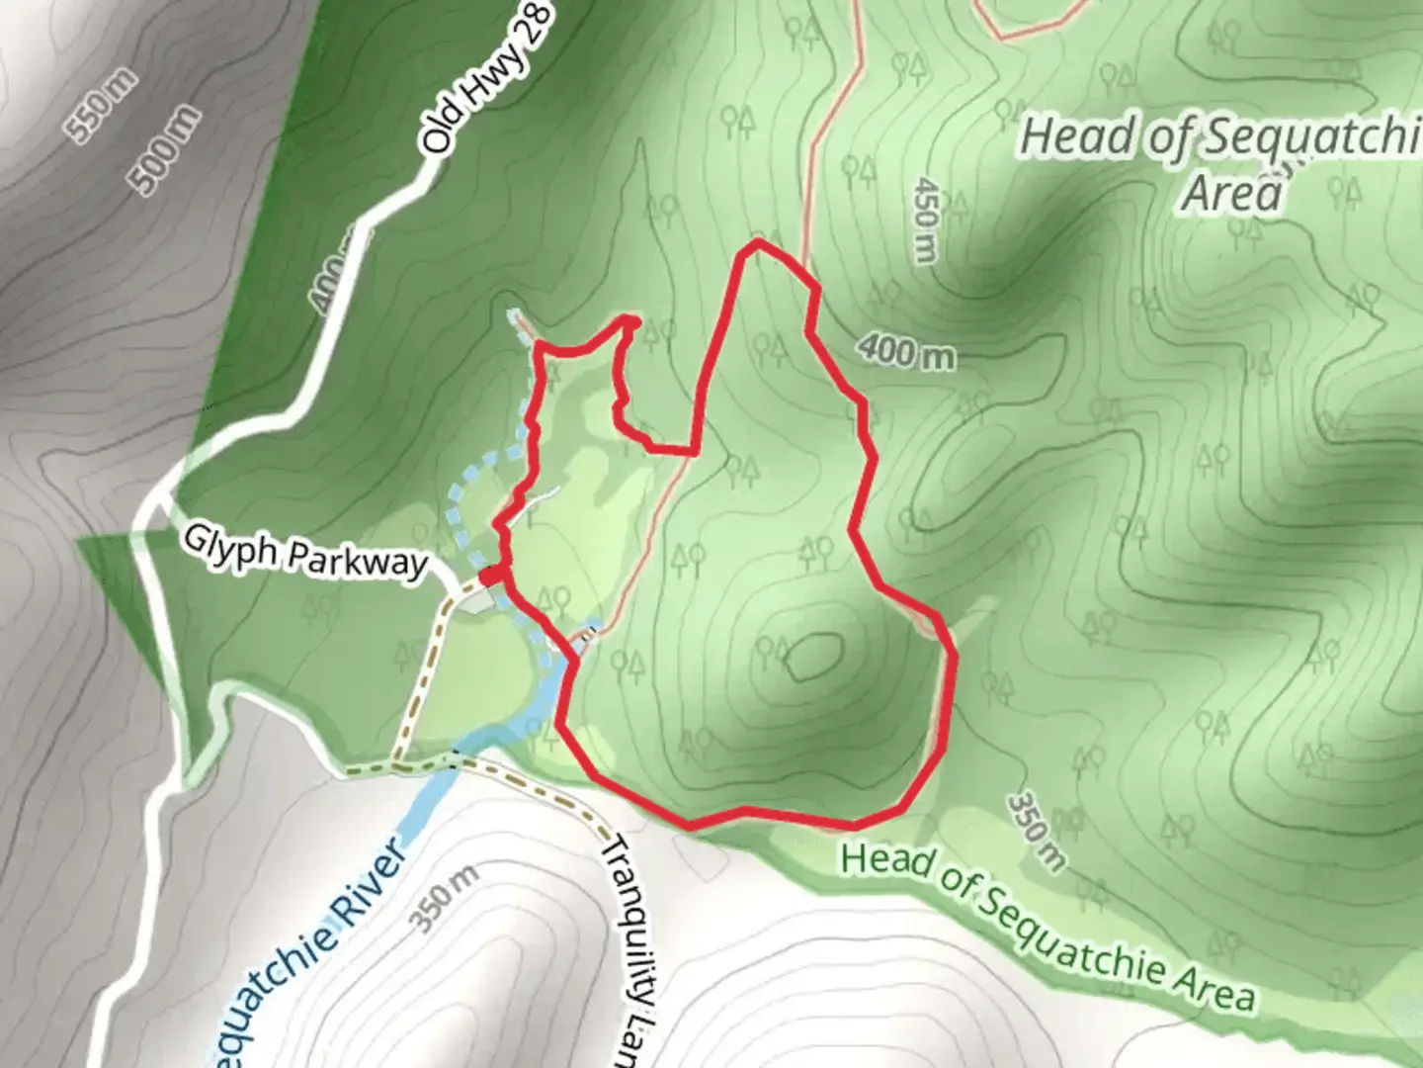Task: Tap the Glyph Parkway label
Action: (304, 553)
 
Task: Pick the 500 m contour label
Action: (165, 149)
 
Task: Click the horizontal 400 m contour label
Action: (906, 350)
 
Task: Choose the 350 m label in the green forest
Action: (1037, 832)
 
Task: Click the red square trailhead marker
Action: (491, 576)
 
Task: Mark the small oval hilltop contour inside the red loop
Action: (814, 657)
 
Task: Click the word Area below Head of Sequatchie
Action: (1232, 193)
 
